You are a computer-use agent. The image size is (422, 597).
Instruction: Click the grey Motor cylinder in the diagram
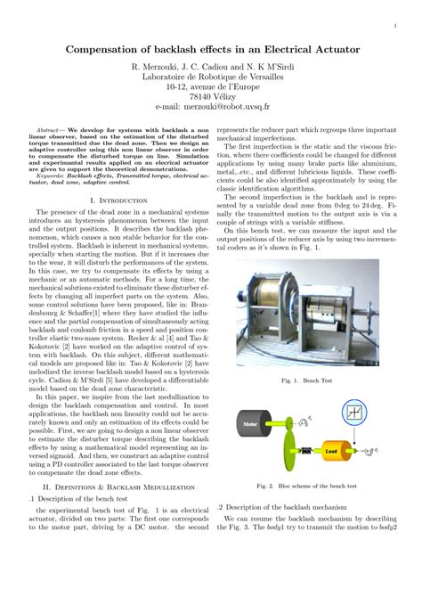click(x=250, y=424)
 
